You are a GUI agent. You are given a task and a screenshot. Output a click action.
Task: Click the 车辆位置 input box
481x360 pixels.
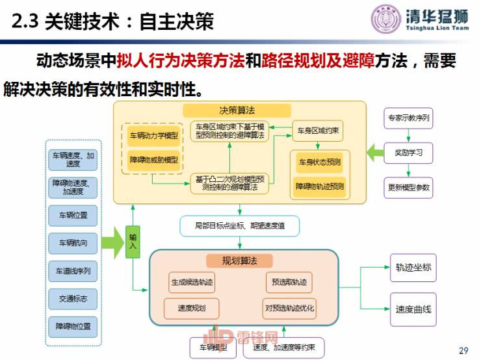click(72, 215)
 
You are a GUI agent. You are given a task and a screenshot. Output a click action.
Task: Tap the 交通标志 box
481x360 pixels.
click(72, 298)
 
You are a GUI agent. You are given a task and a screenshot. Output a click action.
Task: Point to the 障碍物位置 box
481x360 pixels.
click(72, 326)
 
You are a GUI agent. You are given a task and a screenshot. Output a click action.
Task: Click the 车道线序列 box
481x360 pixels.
click(72, 271)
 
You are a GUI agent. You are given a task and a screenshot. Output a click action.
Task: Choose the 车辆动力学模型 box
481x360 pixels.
click(153, 136)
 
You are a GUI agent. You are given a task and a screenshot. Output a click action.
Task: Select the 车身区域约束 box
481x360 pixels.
click(317, 131)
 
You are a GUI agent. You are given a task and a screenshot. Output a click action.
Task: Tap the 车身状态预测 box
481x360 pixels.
click(320, 161)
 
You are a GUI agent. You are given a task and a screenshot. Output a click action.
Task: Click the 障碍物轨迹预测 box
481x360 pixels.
click(320, 186)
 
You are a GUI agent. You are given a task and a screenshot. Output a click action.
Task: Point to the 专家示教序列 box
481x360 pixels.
click(408, 118)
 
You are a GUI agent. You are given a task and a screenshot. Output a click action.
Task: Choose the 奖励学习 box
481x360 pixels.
click(408, 153)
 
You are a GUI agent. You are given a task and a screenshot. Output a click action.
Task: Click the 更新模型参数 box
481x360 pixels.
click(408, 188)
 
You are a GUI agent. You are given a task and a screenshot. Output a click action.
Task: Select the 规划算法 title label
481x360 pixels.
click(240, 261)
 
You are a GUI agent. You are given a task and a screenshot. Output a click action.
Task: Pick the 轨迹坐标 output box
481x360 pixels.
click(413, 267)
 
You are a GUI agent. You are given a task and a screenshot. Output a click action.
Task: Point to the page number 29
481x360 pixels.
click(463, 351)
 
